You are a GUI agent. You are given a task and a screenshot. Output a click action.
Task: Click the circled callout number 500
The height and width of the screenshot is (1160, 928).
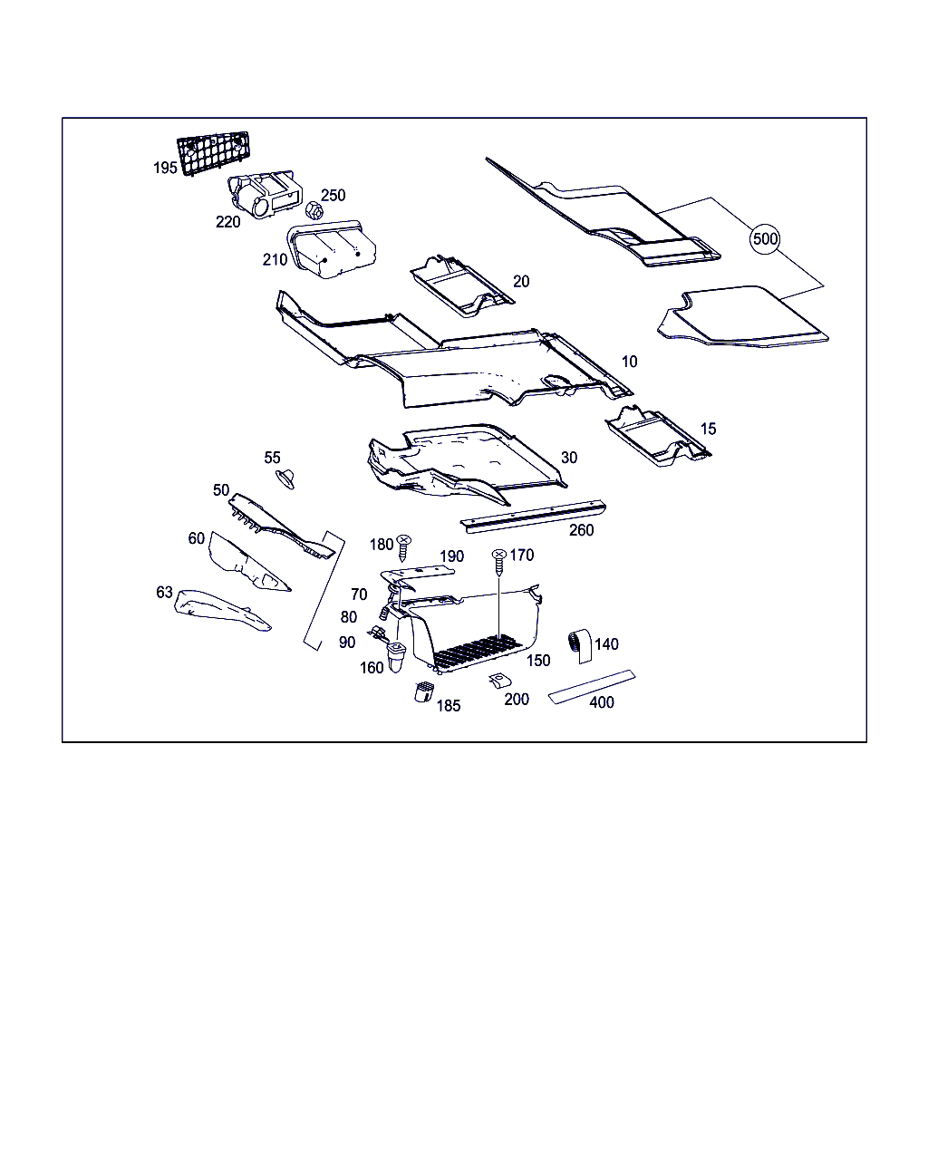click(x=765, y=238)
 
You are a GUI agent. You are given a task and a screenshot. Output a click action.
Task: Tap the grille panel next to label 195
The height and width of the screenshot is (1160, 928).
click(x=214, y=153)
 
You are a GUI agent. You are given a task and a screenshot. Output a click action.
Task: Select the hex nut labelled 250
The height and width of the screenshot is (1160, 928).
click(x=314, y=210)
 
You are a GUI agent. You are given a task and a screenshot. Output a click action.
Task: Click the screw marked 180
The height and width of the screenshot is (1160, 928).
click(x=403, y=548)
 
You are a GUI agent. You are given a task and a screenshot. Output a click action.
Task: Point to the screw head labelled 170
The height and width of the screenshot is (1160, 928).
click(x=499, y=554)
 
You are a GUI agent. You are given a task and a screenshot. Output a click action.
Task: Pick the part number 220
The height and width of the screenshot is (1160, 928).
click(x=227, y=221)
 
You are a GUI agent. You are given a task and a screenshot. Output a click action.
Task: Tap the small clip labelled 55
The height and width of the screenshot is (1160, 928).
click(x=285, y=478)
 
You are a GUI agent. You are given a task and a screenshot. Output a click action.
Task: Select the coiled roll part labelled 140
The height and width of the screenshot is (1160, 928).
click(x=580, y=645)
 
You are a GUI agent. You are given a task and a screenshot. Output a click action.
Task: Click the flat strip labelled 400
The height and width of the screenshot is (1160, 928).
click(x=592, y=686)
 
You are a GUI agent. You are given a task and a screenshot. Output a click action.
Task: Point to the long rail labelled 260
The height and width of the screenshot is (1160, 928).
click(x=533, y=517)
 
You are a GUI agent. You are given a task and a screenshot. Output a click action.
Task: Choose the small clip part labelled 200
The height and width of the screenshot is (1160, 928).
click(x=499, y=681)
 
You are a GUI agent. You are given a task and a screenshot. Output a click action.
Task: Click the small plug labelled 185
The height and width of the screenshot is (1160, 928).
click(x=424, y=691)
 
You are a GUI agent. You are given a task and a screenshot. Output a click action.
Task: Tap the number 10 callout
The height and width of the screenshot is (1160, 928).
click(x=629, y=362)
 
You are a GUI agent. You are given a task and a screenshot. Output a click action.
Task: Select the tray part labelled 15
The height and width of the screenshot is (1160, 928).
click(x=658, y=437)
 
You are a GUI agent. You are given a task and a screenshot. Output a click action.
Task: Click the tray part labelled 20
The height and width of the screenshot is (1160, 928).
click(x=462, y=285)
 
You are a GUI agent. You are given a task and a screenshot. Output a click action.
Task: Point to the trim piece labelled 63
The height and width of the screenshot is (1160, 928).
click(x=222, y=610)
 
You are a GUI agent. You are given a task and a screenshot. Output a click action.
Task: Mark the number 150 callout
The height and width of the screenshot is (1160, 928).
click(x=538, y=661)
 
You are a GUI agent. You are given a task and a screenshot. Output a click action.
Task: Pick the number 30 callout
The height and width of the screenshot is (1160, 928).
click(x=569, y=458)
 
